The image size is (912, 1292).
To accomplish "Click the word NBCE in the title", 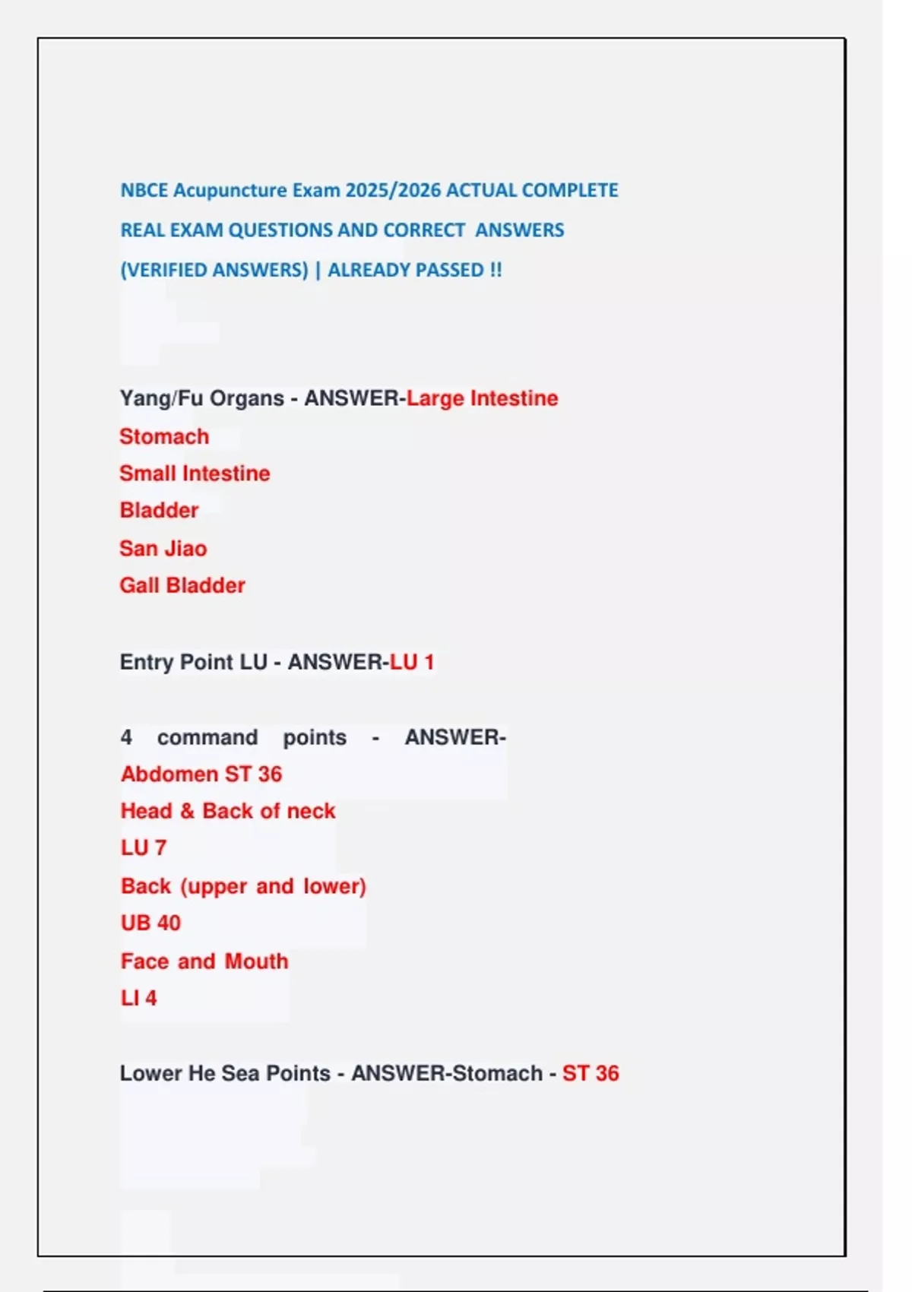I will [x=144, y=190].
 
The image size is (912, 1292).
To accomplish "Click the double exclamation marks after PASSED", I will [x=496, y=270].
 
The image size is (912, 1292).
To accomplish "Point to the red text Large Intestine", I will [x=482, y=398].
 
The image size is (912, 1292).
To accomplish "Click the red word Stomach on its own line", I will [x=164, y=436].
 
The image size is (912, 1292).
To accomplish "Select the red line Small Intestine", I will [x=195, y=473].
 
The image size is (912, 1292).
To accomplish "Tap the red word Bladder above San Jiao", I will [x=159, y=510].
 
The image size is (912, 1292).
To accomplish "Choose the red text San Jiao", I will [x=163, y=548].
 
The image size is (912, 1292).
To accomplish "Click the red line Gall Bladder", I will [x=182, y=585].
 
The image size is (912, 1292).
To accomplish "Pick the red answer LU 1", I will [x=411, y=662].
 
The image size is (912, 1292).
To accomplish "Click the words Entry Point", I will [x=176, y=662].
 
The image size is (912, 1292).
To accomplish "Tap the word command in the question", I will [x=207, y=737].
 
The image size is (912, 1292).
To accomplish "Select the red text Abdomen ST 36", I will [x=201, y=774].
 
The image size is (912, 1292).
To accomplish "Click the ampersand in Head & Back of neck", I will [x=187, y=811].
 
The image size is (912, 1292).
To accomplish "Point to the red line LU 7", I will [x=144, y=847].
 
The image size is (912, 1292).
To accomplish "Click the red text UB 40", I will [x=150, y=923].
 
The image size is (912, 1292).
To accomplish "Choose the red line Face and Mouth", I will [x=204, y=961].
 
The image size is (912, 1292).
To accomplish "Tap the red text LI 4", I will [x=138, y=998].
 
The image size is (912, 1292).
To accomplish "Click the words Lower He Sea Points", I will [x=225, y=1073].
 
